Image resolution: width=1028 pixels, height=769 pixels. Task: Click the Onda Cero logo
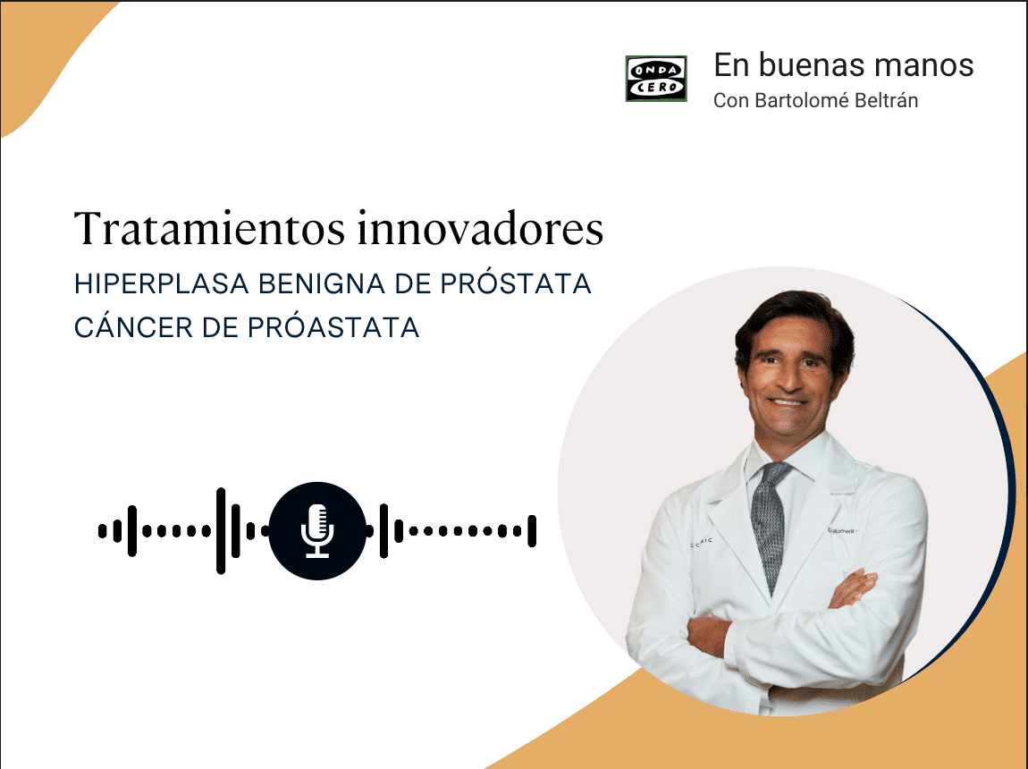point(656,79)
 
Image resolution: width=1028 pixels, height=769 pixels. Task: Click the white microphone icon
point(316,530)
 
